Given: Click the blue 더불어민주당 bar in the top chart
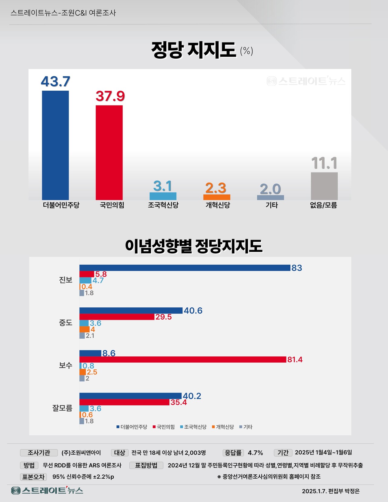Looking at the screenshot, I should [x=55, y=145].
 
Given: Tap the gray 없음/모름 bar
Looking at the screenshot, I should [x=324, y=186].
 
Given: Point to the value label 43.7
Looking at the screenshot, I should [x=55, y=81].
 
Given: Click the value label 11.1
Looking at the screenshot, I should [x=324, y=163].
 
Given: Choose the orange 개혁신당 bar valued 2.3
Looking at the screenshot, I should [x=216, y=197].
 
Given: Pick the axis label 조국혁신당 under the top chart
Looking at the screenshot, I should [x=163, y=205].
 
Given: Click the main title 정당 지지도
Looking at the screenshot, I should [x=193, y=50].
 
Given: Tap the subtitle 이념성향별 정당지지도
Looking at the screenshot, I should [x=193, y=246].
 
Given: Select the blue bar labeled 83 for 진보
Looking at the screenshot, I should [x=185, y=268].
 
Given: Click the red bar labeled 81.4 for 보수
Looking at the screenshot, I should [x=183, y=360].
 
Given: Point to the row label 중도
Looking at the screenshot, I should [x=65, y=323].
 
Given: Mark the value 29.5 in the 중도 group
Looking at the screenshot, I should [x=163, y=317].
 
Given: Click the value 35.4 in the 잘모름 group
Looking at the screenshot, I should [x=179, y=402].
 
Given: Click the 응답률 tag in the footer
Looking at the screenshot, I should [x=233, y=453].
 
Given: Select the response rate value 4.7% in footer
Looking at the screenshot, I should [x=255, y=453].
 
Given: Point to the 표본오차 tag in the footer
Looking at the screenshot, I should [x=33, y=477].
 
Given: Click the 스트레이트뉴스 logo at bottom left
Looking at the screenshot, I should [x=47, y=490].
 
